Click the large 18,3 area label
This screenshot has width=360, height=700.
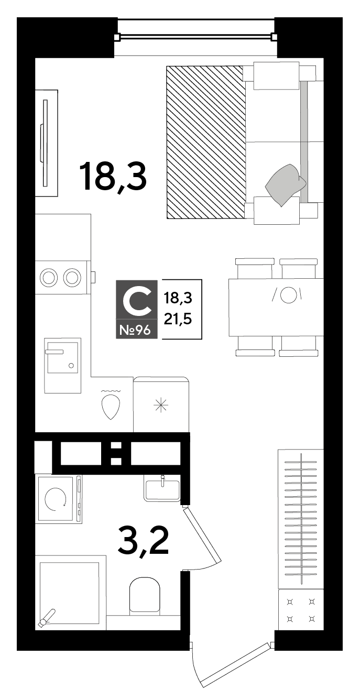point(113,177)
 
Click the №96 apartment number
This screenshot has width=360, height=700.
point(135,330)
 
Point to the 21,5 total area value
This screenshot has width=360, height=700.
point(178,320)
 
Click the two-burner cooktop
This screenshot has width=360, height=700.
point(61,277)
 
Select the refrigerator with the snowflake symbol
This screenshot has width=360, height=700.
point(161,404)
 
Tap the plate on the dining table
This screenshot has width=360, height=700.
point(288,295)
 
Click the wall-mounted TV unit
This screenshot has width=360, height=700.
point(46,143)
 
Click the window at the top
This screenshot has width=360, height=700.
point(195,37)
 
